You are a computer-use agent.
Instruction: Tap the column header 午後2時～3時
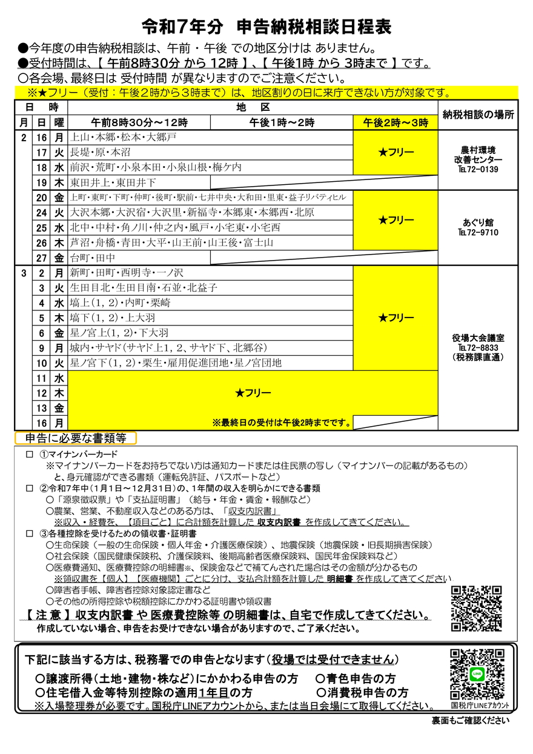396,122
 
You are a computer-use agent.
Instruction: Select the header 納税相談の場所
478,115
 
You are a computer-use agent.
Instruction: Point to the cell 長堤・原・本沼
101,152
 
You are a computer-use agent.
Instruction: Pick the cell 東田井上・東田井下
113,182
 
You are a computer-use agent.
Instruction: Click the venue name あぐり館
478,222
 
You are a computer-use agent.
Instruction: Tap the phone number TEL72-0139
478,170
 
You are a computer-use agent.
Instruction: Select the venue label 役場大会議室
478,338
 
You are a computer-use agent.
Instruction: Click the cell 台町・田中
93,258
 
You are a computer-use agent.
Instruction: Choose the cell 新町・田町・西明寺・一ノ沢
122,273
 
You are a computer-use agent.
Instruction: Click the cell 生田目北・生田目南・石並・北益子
144,288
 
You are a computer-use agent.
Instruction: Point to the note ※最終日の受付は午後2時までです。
282,422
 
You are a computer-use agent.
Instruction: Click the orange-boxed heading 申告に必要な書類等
76,438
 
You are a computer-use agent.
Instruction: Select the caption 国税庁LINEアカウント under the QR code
480,706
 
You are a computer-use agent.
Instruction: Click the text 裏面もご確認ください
470,721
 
